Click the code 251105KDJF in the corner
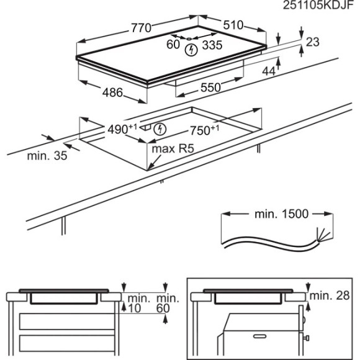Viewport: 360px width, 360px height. (318, 6)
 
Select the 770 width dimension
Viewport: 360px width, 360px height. (141, 28)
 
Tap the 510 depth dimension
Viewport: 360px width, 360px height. (233, 25)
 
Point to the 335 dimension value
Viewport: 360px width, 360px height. (212, 45)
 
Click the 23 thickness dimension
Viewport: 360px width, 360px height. (312, 42)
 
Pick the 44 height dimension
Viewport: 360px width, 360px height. (269, 71)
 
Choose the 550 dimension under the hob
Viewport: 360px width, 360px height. (210, 88)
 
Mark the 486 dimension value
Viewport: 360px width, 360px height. (112, 92)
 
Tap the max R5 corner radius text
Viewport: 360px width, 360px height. (173, 149)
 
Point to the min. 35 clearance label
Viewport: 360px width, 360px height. (47, 156)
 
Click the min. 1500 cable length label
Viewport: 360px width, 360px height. (281, 214)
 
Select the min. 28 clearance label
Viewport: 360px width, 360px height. (330, 295)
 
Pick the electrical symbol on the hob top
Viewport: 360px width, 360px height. (191, 50)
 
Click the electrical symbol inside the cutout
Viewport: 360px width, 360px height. (160, 130)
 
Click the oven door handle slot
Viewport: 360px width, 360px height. (259, 336)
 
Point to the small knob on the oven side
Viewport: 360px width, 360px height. (307, 338)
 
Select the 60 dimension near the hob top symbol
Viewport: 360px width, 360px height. (173, 45)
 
